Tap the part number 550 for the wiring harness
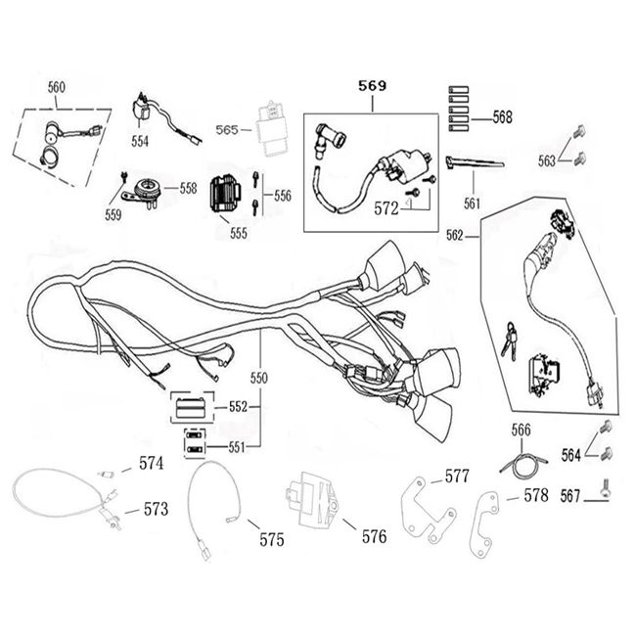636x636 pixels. tap(258, 377)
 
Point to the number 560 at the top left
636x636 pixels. tap(57, 87)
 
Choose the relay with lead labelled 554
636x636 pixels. tap(147, 109)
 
